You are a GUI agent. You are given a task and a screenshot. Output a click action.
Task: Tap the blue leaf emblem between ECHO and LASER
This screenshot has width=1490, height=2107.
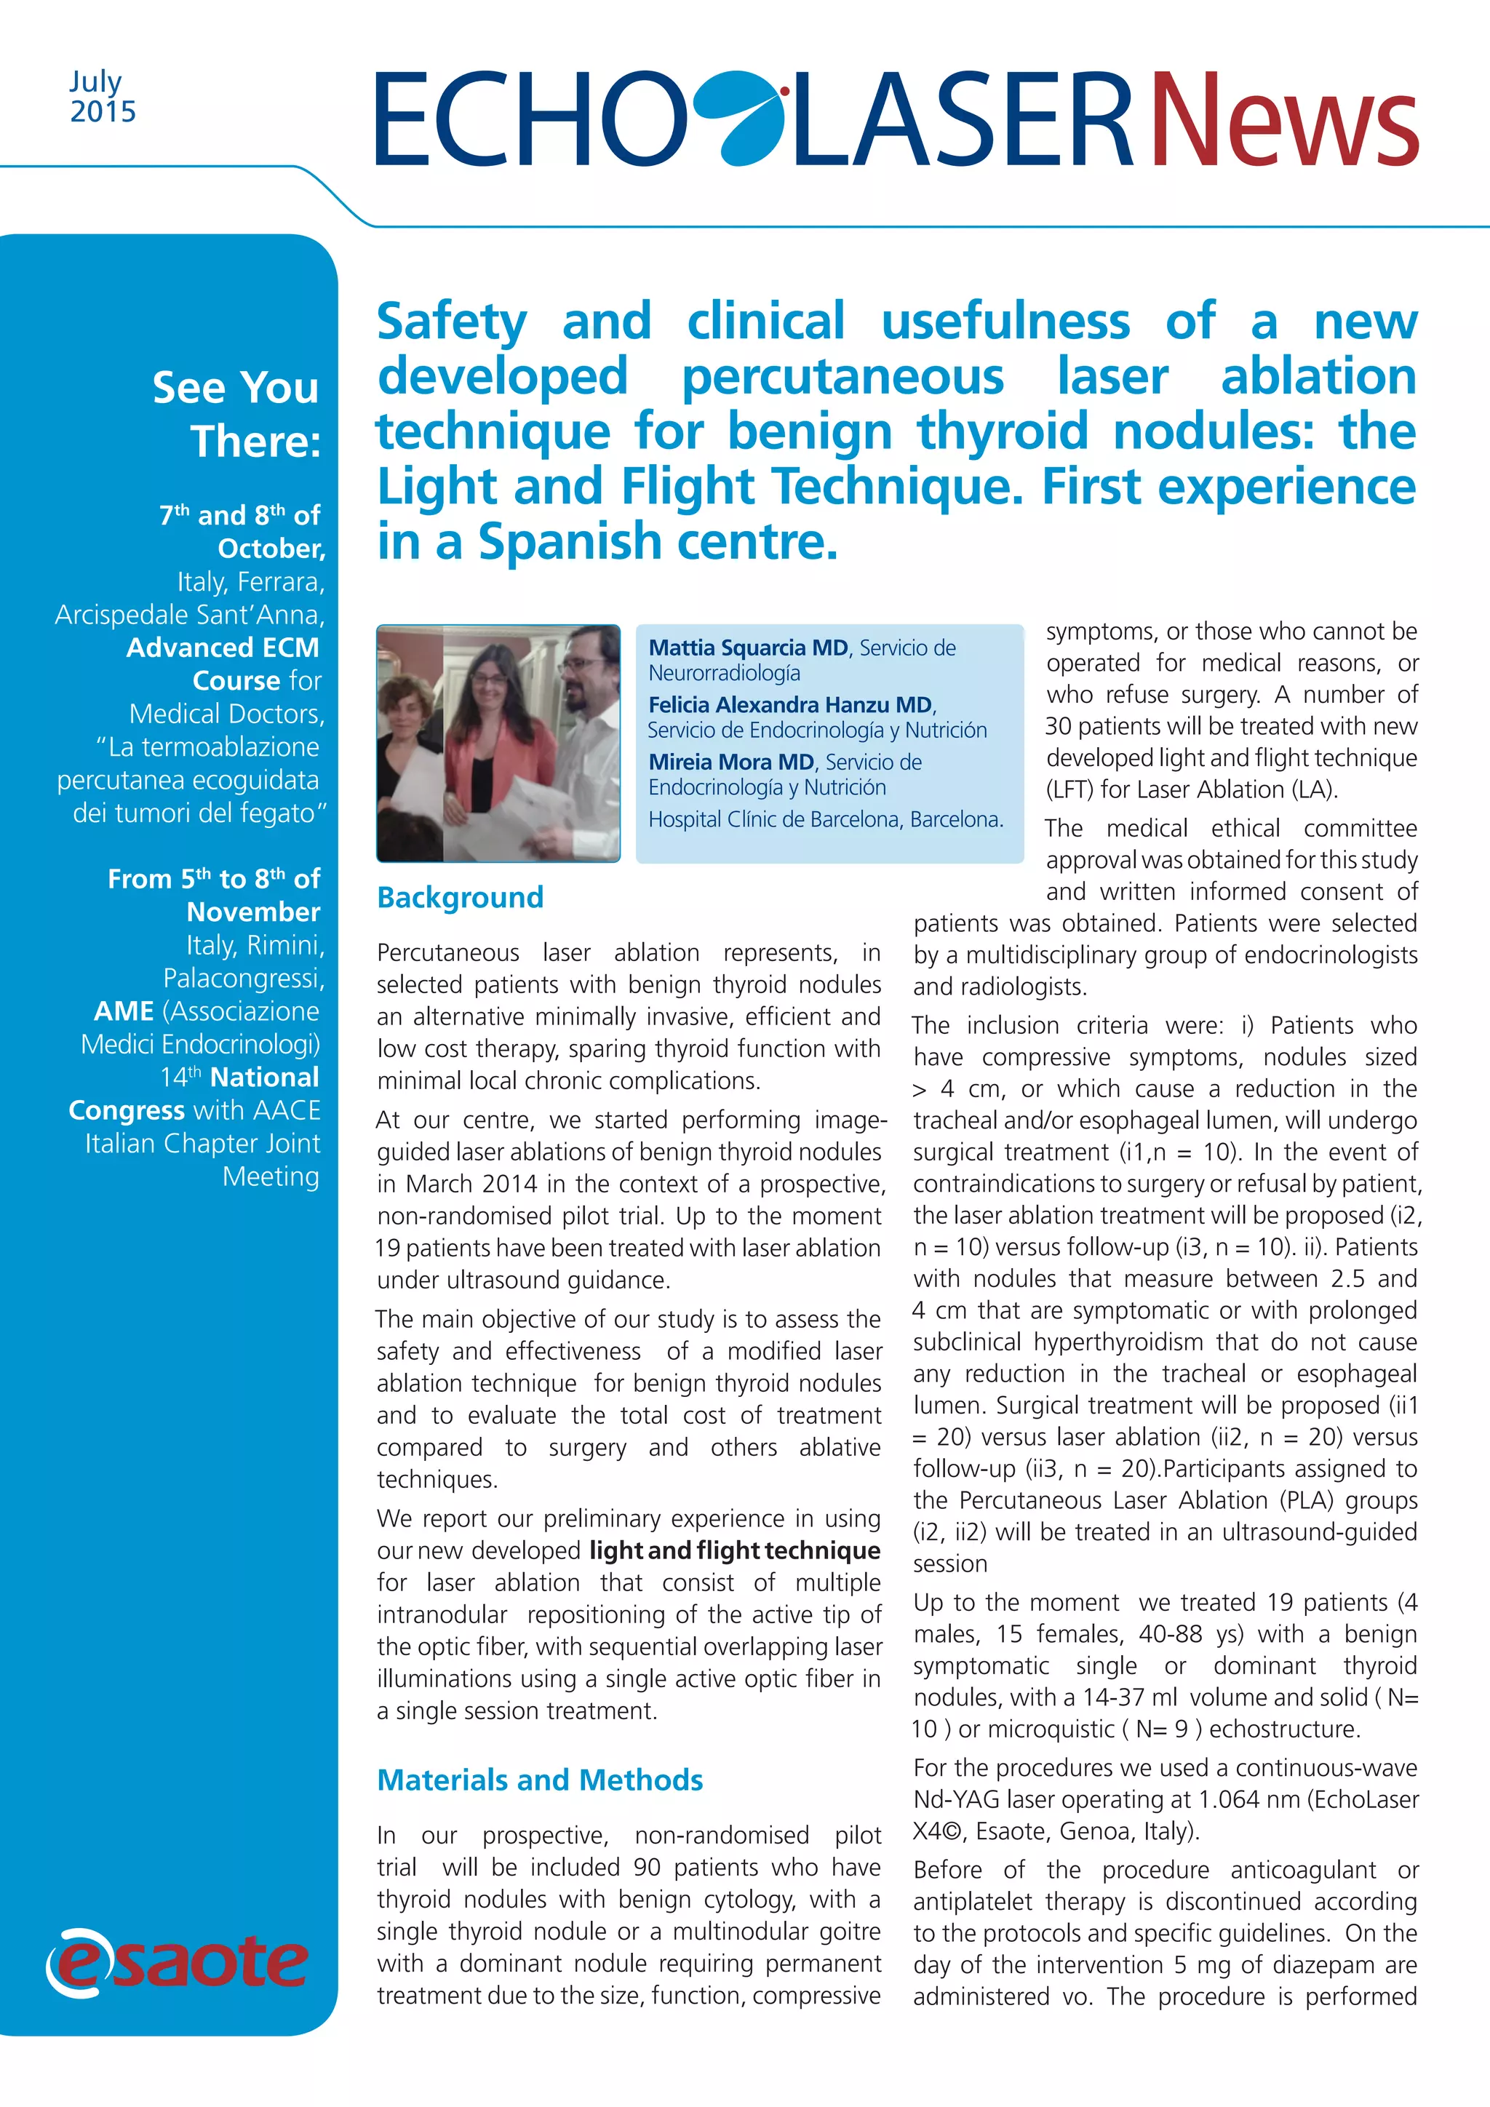tap(738, 116)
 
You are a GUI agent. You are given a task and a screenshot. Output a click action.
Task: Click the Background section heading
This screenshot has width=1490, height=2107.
tap(460, 896)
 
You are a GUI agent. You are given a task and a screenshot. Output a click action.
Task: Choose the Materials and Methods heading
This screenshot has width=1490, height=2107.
tap(540, 1780)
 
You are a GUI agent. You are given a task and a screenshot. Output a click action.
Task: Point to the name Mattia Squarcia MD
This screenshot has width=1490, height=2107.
tap(748, 648)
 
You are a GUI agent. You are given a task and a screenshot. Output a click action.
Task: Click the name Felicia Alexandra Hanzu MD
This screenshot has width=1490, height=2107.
tap(790, 705)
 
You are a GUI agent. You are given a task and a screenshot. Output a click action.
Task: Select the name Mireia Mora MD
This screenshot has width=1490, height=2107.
tap(731, 762)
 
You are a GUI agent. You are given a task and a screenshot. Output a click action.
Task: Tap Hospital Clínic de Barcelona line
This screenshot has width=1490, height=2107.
tap(825, 818)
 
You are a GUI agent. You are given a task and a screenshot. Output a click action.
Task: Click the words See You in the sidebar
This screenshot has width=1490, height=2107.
tap(236, 387)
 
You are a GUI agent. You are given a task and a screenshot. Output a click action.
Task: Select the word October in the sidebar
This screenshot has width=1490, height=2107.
tap(271, 549)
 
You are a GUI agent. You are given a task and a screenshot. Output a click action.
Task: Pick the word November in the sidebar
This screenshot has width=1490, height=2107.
tap(253, 912)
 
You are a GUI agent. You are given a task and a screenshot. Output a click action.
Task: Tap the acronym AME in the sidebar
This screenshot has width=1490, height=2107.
tap(123, 1011)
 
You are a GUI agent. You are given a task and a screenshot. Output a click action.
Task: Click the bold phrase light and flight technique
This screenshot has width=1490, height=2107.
tap(734, 1551)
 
